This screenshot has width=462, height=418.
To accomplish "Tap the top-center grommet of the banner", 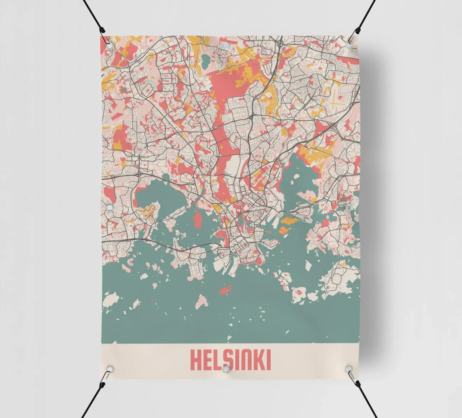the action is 225,45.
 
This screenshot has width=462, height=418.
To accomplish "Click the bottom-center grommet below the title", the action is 226,369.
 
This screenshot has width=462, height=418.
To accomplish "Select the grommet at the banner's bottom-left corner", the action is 109,369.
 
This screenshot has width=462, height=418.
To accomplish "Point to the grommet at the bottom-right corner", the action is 348,369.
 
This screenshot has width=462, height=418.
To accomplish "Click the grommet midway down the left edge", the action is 109,208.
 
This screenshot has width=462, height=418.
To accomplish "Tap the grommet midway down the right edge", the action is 348,208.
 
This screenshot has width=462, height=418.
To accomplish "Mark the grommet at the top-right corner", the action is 349,45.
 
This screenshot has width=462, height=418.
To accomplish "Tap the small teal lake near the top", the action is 206,61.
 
